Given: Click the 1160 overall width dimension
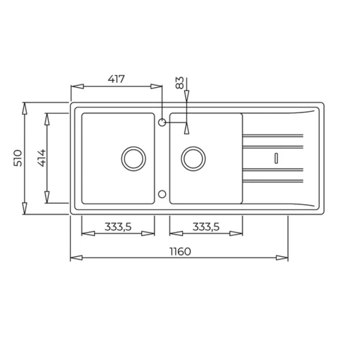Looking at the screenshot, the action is pyautogui.click(x=180, y=252).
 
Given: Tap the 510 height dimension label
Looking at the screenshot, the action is pyautogui.click(x=18, y=158).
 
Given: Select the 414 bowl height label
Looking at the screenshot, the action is pyautogui.click(x=42, y=158).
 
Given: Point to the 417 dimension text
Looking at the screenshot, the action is pyautogui.click(x=116, y=79).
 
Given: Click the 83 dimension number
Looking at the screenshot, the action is pyautogui.click(x=180, y=83).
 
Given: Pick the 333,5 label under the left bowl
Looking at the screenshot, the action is pyautogui.click(x=118, y=227).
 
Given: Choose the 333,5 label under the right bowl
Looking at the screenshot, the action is pyautogui.click(x=206, y=227).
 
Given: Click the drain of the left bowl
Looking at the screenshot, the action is pyautogui.click(x=133, y=159).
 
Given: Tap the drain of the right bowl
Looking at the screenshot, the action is pyautogui.click(x=193, y=159).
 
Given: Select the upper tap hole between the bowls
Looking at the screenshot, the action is pyautogui.click(x=162, y=123).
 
